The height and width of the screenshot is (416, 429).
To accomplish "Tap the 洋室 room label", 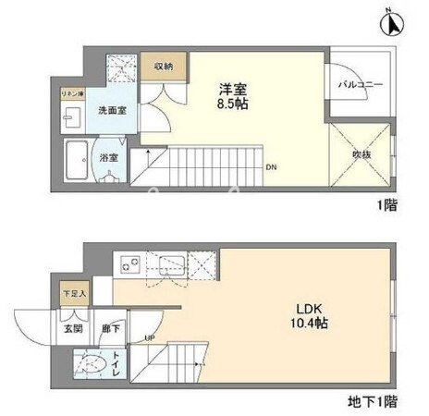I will tap(233, 89).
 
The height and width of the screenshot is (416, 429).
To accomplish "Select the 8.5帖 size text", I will tap(233, 104).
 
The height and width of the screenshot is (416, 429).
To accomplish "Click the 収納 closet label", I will tap(164, 67).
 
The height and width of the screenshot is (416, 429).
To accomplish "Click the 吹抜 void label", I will tap(361, 155).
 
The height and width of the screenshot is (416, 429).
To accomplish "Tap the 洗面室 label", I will tap(112, 110).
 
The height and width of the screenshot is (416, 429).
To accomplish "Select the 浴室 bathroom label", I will tap(109, 157).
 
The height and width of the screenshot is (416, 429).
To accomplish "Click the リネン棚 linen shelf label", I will tap(73, 95).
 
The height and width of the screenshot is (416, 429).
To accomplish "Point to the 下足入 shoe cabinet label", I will tap(73, 293).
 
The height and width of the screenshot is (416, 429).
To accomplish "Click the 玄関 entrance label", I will tap(73, 328).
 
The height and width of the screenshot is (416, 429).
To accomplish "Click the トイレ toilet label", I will tap(116, 362).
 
